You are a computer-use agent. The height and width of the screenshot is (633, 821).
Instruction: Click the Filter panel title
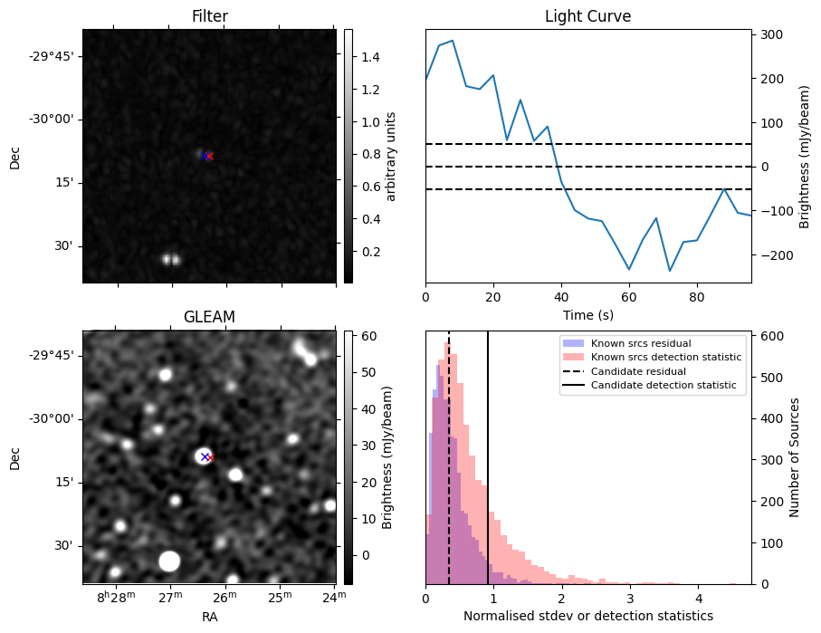click(x=209, y=16)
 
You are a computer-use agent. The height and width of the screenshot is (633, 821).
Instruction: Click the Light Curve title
click(x=587, y=16)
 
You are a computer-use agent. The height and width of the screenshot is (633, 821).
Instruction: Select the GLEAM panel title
click(x=209, y=317)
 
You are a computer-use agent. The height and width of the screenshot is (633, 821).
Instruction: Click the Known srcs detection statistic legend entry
click(x=665, y=358)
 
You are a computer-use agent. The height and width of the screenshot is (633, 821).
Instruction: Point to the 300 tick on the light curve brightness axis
click(x=771, y=35)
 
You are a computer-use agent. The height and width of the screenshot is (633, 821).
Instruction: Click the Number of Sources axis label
click(x=795, y=457)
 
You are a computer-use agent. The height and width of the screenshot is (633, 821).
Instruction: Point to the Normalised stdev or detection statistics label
click(x=587, y=616)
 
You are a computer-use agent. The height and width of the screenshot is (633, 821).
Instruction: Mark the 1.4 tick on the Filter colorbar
click(x=368, y=57)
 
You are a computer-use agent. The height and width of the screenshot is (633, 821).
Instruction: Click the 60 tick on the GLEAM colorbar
click(x=365, y=336)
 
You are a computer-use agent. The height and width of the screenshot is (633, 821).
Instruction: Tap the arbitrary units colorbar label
click(x=391, y=156)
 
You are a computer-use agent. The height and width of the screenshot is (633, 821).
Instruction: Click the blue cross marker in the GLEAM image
click(x=205, y=456)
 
